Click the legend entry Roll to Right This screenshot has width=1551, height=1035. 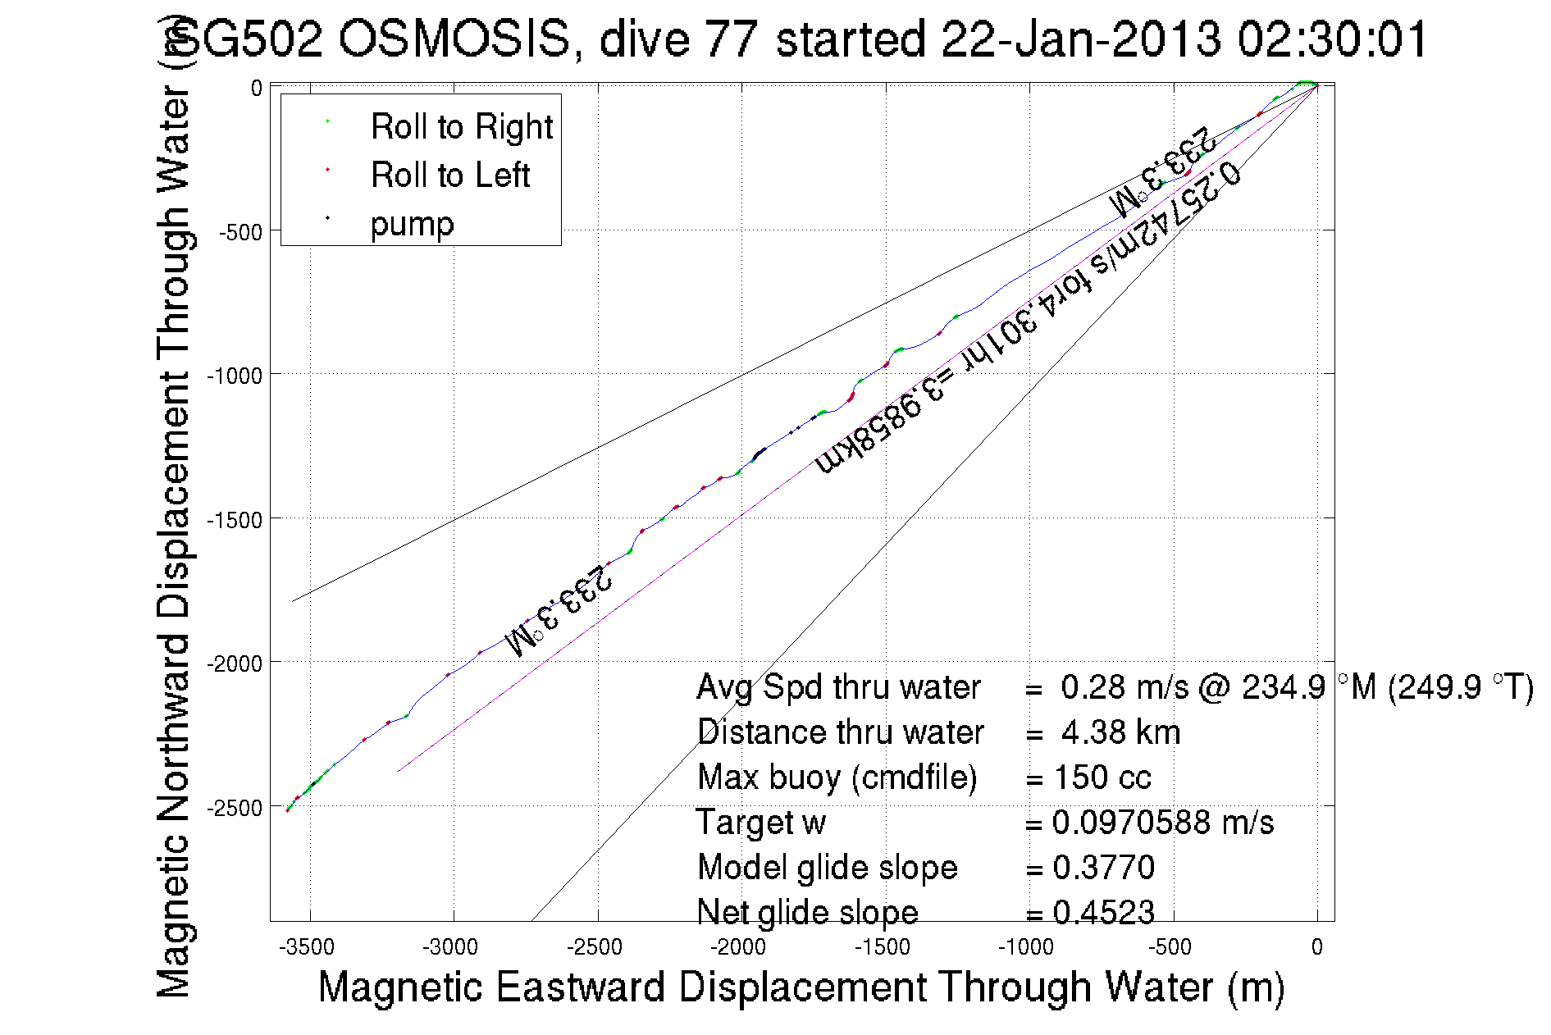461,127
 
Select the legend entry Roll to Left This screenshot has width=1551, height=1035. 449,176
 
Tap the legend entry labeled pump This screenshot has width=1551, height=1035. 412,224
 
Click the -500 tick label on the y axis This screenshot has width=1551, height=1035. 239,232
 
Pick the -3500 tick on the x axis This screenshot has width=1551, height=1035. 307,947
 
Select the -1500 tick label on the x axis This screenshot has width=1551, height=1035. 883,947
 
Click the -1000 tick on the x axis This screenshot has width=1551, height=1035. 1026,947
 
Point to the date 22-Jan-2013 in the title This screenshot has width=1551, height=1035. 1081,39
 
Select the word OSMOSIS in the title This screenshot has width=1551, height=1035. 454,39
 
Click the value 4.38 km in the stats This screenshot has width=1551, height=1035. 1120,732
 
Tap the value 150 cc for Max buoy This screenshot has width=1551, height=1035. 1102,777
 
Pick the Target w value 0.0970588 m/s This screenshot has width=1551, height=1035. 1162,822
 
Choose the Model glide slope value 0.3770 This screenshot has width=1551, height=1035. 1103,867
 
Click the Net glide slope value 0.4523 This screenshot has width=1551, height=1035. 1103,912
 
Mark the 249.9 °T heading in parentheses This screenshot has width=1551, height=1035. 1460,686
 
